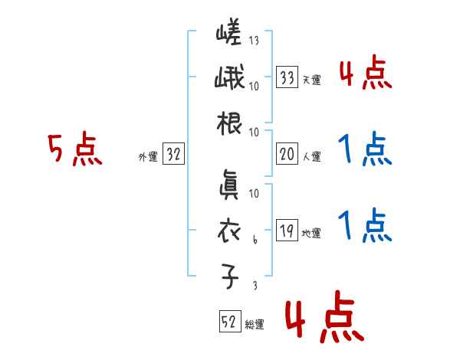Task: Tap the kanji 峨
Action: pyautogui.click(x=228, y=79)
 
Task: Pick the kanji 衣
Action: pyautogui.click(x=228, y=231)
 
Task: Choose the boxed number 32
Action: pyautogui.click(x=173, y=155)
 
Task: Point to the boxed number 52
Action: pyautogui.click(x=229, y=322)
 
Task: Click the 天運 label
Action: pyautogui.click(x=311, y=80)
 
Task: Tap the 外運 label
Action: pyautogui.click(x=148, y=157)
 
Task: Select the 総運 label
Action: pyautogui.click(x=254, y=325)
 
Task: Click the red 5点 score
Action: pyautogui.click(x=74, y=149)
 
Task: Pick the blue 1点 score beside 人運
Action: pyautogui.click(x=364, y=150)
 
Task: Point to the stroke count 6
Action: pyautogui.click(x=255, y=240)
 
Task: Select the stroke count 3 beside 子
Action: pyautogui.click(x=255, y=285)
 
